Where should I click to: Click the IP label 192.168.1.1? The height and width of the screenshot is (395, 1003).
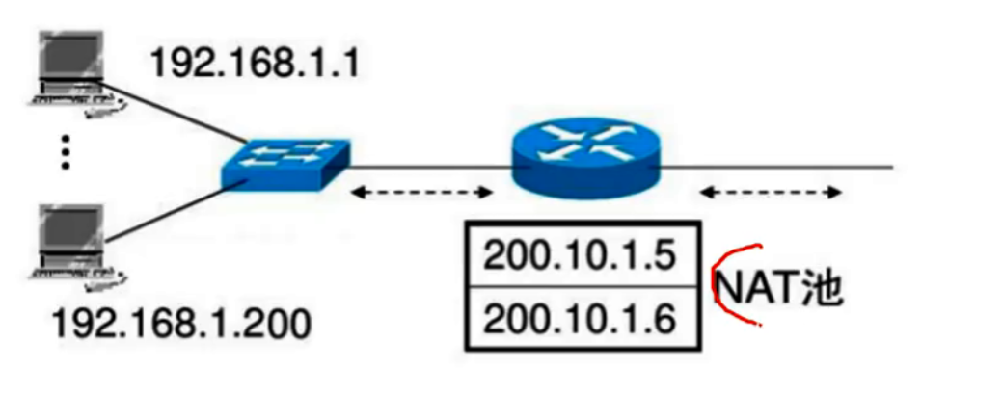[253, 64]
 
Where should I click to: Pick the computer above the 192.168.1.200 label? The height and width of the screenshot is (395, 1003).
[73, 246]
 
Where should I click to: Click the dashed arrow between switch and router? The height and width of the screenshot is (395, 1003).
[420, 194]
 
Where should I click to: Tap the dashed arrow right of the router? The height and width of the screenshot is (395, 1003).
[770, 194]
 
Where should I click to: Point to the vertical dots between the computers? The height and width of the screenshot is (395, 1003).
[65, 153]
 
